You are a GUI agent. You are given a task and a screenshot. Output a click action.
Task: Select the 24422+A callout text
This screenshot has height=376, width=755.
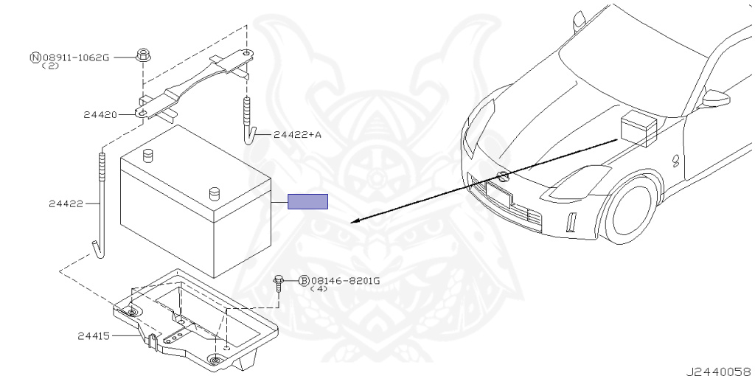tap(298, 135)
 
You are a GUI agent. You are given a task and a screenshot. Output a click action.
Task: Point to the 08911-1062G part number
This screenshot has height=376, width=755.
tap(75, 57)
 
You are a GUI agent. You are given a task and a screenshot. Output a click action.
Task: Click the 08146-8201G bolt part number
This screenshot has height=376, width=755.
tap(345, 280)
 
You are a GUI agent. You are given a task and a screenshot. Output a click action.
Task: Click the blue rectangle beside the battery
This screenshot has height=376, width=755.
tap(307, 201)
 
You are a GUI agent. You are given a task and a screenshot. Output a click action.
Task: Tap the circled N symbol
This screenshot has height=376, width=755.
tap(35, 57)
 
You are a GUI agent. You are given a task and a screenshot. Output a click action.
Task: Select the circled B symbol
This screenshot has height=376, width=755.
tap(304, 280)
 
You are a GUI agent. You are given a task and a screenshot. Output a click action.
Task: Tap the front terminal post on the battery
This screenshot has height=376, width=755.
tap(215, 193)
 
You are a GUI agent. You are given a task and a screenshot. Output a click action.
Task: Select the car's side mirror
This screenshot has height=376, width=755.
tap(715, 98)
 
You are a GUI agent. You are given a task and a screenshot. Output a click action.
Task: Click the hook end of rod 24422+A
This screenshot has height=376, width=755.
tap(250, 136)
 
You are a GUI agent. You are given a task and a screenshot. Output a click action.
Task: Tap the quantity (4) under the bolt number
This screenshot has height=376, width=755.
tap(319, 289)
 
